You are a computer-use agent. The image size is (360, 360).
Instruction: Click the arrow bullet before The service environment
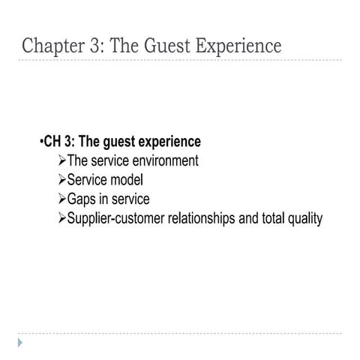(61, 161)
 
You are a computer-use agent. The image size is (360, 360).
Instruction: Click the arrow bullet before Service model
(61, 181)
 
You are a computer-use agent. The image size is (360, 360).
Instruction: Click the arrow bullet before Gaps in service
(61, 200)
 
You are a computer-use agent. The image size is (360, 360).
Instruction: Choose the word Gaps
(82, 200)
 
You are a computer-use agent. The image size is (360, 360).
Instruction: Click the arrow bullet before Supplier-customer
(61, 220)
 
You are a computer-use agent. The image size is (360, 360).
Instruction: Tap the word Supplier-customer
(121, 220)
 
